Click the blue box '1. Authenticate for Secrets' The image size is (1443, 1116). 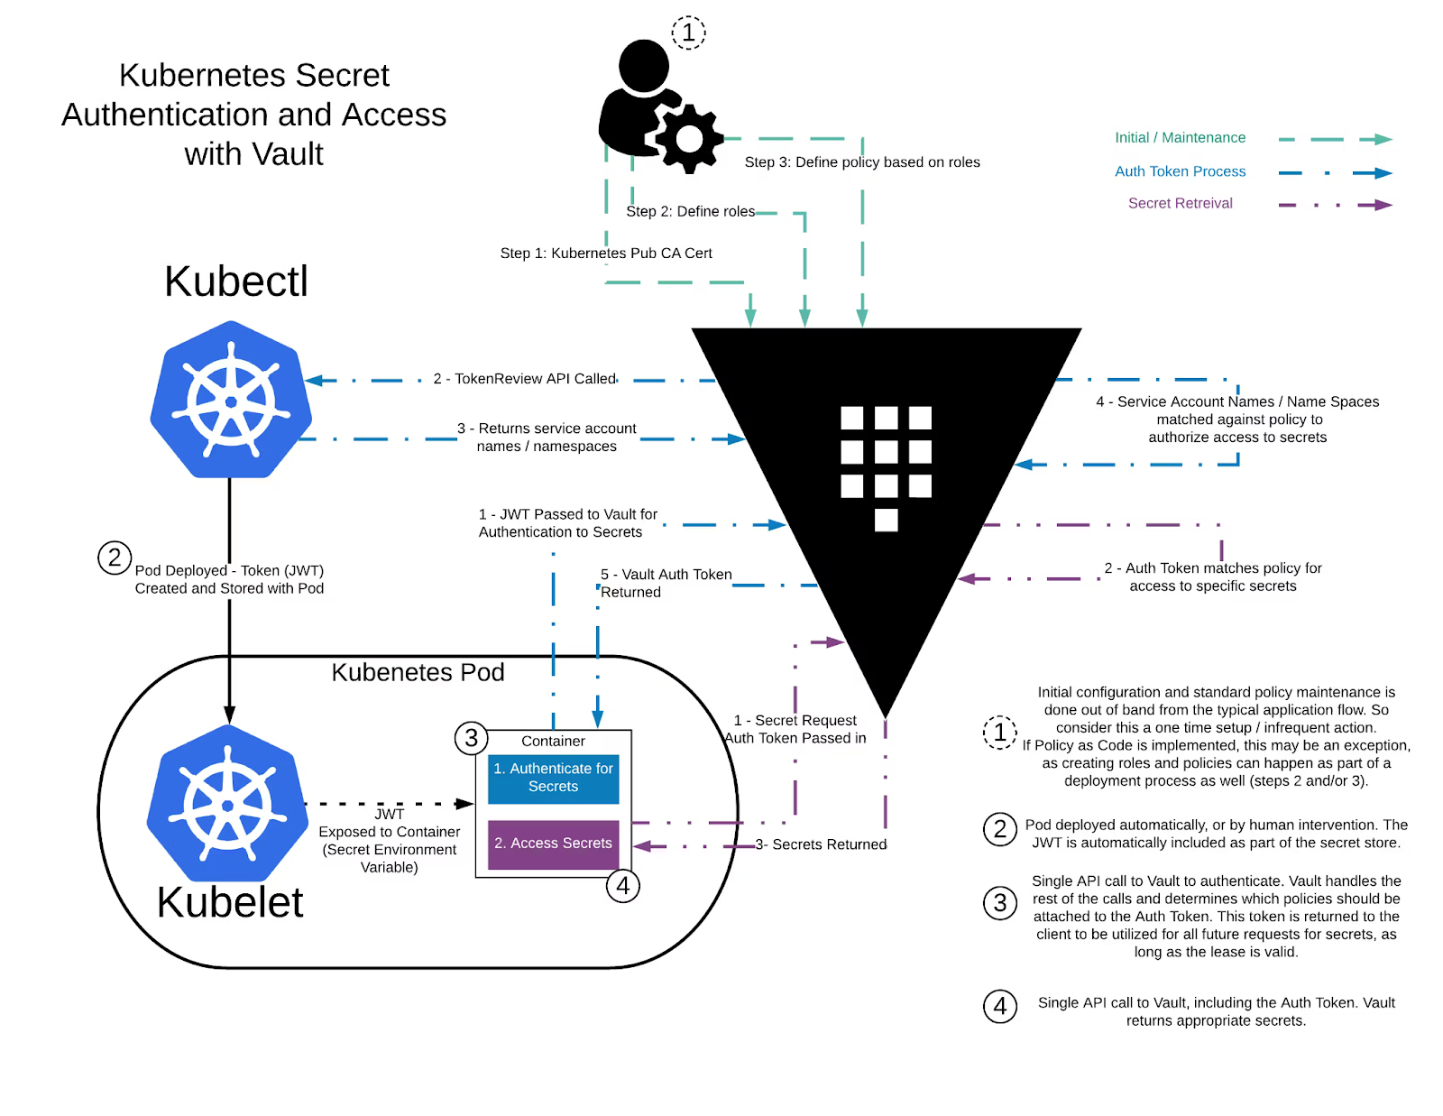[553, 779]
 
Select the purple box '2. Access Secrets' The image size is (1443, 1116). [553, 844]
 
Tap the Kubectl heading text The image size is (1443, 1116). [236, 281]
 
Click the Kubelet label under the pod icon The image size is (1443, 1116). [230, 902]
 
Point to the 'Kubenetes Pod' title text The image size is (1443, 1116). [418, 672]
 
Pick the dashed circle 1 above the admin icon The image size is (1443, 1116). [688, 32]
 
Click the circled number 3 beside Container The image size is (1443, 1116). [471, 738]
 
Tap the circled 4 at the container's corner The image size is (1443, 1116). [623, 886]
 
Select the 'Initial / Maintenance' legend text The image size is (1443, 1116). [1180, 137]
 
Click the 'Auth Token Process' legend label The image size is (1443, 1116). [1180, 171]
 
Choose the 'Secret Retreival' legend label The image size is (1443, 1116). [1180, 203]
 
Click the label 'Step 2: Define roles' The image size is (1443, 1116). [691, 211]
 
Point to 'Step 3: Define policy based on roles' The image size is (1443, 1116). [862, 162]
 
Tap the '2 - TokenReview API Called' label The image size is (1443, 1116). [525, 379]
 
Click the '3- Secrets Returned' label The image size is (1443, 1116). [821, 844]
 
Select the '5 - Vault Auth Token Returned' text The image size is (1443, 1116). [666, 583]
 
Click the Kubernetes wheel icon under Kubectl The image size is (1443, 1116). [231, 400]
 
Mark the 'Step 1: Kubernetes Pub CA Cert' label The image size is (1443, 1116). [606, 254]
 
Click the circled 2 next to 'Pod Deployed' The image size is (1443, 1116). [115, 558]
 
